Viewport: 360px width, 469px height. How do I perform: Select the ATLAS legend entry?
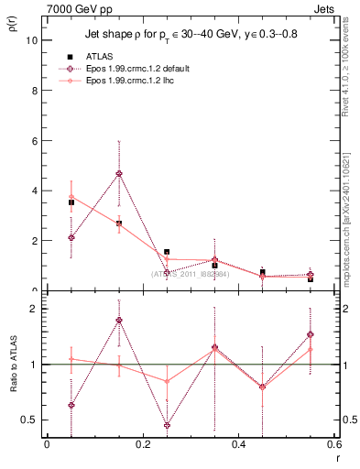pyautogui.click(x=105, y=57)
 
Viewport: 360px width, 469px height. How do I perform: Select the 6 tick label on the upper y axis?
pyautogui.click(x=34, y=141)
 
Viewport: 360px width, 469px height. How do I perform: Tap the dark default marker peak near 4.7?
pyautogui.click(x=119, y=173)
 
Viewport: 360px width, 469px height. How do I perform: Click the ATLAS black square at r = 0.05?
pyautogui.click(x=71, y=202)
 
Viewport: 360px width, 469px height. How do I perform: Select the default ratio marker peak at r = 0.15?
pyautogui.click(x=119, y=320)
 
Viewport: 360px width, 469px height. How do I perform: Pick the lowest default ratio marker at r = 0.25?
pyautogui.click(x=167, y=425)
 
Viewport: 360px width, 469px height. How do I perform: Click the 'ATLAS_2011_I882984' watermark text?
pyautogui.click(x=191, y=273)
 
